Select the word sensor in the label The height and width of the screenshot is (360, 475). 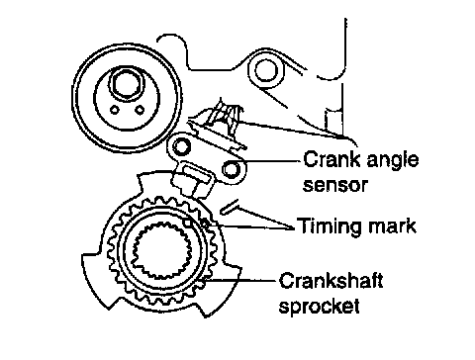334,185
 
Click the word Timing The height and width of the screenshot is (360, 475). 330,227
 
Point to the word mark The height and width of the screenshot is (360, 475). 392,225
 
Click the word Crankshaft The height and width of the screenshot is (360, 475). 331,281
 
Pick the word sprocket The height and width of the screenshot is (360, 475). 319,306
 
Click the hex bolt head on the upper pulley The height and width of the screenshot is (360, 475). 127,84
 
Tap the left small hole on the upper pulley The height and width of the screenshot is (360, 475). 115,110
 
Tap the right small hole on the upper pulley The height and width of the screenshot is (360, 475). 141,110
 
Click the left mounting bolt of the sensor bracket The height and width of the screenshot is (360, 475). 181,146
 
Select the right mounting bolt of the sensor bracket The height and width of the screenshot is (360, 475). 231,169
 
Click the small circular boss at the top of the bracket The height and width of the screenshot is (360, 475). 265,71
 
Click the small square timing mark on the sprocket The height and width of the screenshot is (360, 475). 188,223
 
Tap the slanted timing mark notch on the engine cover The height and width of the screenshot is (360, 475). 230,207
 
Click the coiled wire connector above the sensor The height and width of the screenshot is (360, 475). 225,116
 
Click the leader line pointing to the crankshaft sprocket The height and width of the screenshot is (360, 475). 239,281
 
